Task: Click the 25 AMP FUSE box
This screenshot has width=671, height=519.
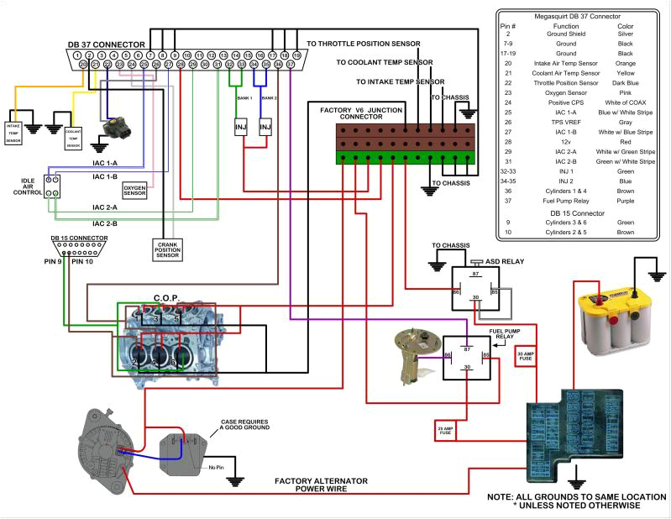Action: pos(445,432)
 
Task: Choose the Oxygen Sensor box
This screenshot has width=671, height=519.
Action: pos(135,191)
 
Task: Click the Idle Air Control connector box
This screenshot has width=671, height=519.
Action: pos(52,186)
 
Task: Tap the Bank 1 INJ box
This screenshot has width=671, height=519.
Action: pos(241,127)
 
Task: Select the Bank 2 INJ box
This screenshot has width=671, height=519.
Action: pos(266,127)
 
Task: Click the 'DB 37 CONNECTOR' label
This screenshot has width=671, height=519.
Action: pos(106,45)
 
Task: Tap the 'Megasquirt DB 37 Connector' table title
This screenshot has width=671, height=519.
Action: pos(577,17)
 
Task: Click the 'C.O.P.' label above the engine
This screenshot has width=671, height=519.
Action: pos(168,298)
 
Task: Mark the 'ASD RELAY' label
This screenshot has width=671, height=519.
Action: pos(506,261)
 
